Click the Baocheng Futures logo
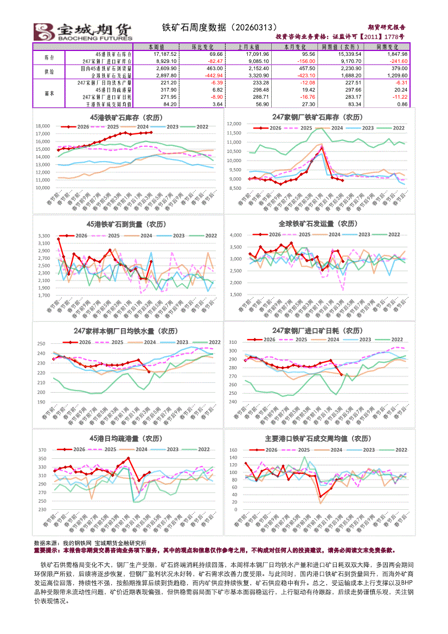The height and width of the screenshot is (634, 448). pyautogui.click(x=83, y=31)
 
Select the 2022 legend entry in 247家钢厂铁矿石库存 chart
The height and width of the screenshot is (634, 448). pyautogui.click(x=399, y=128)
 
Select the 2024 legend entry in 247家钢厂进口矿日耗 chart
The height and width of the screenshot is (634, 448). pyautogui.click(x=333, y=340)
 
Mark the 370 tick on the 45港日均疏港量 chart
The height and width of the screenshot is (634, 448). pyautogui.click(x=42, y=451)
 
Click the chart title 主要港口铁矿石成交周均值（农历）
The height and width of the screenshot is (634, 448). pyautogui.click(x=317, y=438)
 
